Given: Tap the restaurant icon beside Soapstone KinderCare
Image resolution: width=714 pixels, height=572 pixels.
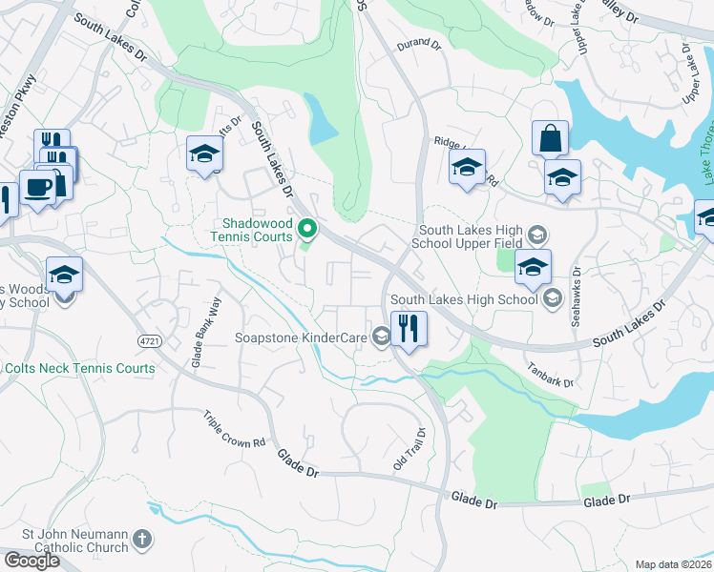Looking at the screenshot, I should [408, 329].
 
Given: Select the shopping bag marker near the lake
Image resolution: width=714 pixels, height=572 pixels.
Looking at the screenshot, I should [551, 138].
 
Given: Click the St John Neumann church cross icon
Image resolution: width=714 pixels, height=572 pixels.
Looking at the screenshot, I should [142, 540].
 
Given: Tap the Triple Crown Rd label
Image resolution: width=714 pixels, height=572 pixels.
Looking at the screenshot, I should [233, 430].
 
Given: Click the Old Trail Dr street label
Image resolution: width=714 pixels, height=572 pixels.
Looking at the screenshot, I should [408, 447].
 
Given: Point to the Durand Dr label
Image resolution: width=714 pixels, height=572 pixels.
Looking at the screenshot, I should [419, 44].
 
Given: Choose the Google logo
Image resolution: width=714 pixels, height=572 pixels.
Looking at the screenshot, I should [31, 561].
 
